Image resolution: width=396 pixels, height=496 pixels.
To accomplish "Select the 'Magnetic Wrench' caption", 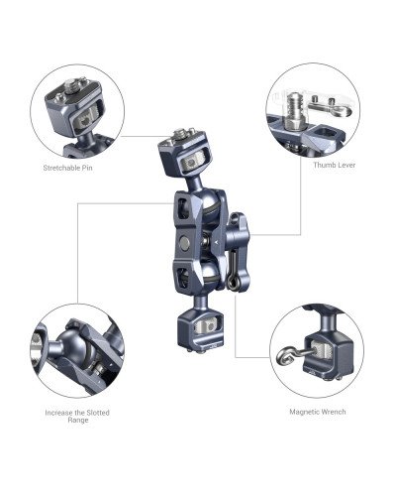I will [316, 410].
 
